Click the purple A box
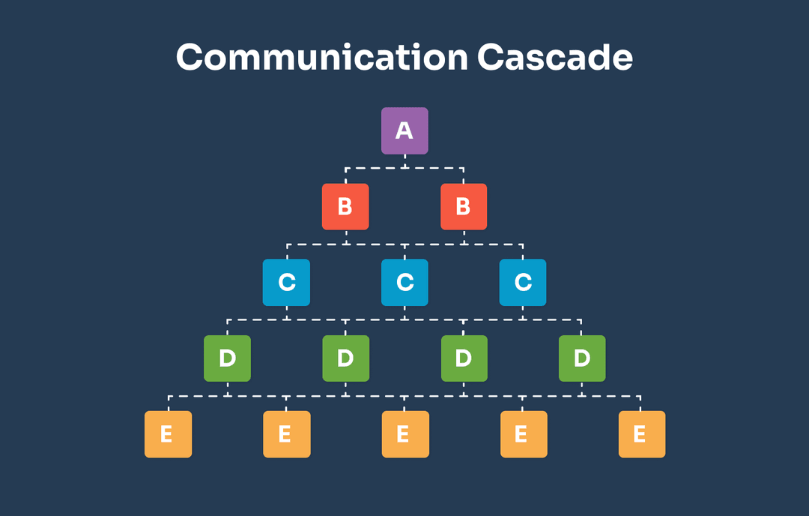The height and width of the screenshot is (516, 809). click(x=404, y=130)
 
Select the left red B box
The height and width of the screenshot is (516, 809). click(x=345, y=206)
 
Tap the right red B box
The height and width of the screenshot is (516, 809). click(x=464, y=206)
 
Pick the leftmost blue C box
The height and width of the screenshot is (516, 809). click(x=286, y=282)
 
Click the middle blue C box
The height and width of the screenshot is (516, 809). click(x=404, y=282)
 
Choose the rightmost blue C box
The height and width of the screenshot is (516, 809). click(x=523, y=282)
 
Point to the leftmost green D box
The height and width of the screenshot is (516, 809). click(x=227, y=358)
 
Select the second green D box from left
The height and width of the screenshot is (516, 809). click(x=345, y=358)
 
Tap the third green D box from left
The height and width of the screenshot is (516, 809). click(x=464, y=358)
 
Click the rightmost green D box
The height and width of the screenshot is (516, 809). click(x=582, y=358)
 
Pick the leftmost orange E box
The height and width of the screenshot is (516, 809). click(x=168, y=433)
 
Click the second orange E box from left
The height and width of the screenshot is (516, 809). click(x=286, y=433)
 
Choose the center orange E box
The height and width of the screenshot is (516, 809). click(x=404, y=433)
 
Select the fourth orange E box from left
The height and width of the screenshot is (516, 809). click(x=523, y=433)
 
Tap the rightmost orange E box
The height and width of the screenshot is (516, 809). click(x=641, y=433)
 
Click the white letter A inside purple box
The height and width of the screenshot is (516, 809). click(x=404, y=131)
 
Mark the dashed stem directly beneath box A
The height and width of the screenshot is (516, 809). click(x=404, y=161)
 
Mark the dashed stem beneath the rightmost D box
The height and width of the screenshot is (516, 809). click(x=582, y=388)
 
